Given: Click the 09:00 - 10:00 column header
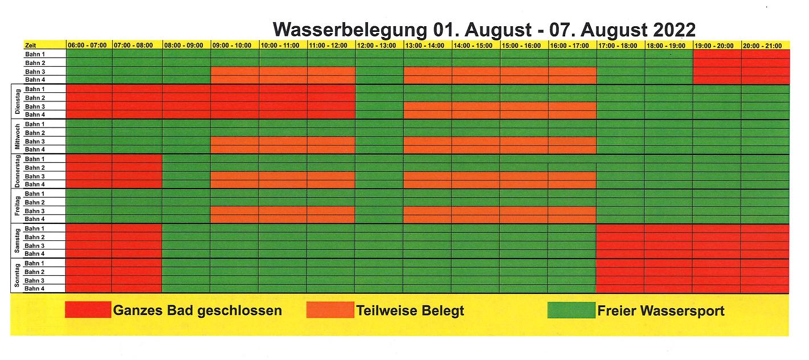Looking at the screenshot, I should click(234, 45).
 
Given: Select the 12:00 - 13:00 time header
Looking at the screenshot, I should click(379, 45).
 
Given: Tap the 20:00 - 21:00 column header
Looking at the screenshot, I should click(765, 45).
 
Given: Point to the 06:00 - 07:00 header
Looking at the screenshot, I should click(89, 45).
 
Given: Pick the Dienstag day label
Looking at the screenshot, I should click(17, 102).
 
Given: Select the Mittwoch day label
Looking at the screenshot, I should click(17, 137).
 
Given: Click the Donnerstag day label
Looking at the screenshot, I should click(17, 171).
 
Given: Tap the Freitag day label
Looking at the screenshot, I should click(17, 206).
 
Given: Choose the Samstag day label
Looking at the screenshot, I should click(17, 241).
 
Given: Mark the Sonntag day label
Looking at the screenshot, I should click(17, 276).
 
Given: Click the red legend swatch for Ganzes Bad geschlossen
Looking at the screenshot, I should click(88, 310).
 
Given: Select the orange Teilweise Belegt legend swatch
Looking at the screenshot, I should click(330, 310).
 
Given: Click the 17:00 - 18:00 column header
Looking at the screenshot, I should click(620, 45).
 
